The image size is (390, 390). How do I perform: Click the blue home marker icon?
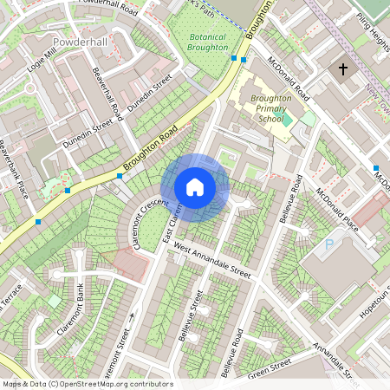[195, 186]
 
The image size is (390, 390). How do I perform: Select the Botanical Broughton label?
[208, 42]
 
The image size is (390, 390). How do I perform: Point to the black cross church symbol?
[343, 68]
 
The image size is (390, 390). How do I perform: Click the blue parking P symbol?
[328, 245]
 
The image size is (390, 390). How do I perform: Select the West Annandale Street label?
[211, 260]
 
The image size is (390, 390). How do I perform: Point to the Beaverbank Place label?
[15, 168]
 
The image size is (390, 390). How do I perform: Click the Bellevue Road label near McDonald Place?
[289, 199]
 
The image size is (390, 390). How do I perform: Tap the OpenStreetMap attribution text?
[88, 384]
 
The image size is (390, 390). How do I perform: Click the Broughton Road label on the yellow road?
[150, 146]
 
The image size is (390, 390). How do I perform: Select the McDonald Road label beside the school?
[289, 77]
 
